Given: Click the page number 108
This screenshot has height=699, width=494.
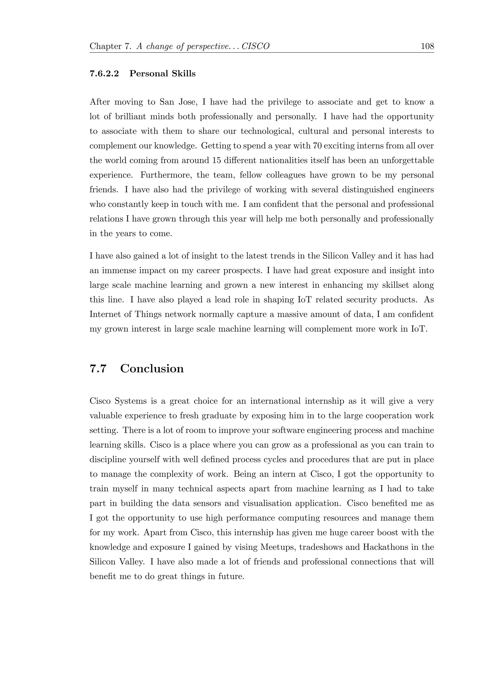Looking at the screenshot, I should coord(427,46).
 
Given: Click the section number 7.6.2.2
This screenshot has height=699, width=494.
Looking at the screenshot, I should coord(104,74).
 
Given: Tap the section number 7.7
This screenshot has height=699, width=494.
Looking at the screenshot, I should coord(98,369).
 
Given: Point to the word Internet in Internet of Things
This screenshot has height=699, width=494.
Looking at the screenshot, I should coord(105,315).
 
